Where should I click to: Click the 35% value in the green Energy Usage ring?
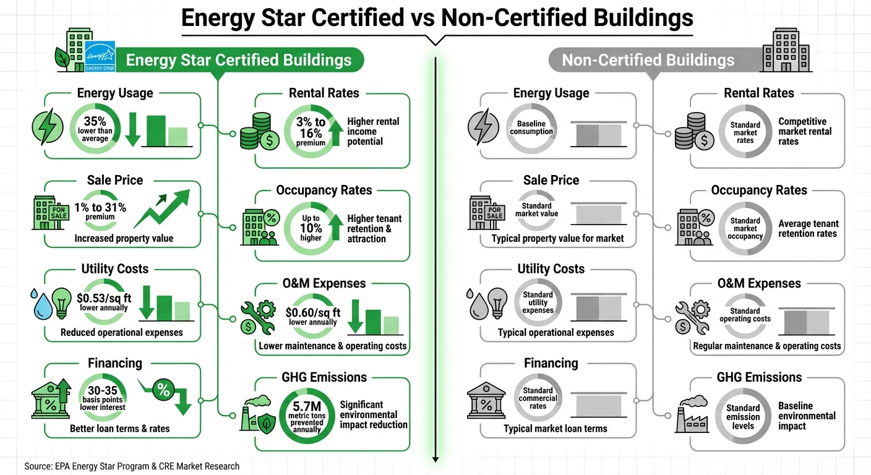pos(95,121)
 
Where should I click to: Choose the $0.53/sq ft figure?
pos(104,297)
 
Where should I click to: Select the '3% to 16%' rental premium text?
pos(311,127)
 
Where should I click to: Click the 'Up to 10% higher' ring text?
pos(311,228)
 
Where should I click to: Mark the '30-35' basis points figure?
pos(103,392)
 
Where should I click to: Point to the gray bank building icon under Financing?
pos(486,399)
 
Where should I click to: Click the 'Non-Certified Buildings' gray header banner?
pos(648,60)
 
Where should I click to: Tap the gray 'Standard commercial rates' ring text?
pos(538,398)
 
